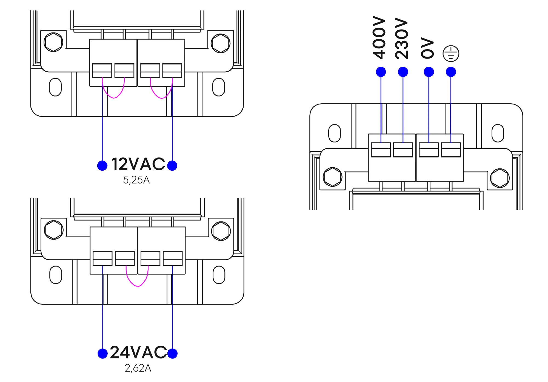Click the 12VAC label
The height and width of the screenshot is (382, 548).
[x=138, y=164]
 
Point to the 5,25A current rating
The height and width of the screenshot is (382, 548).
[x=137, y=180]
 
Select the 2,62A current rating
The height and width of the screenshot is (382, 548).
[x=138, y=368]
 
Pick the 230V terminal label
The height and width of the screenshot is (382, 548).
[x=402, y=38]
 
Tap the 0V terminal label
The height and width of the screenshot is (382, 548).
[x=428, y=49]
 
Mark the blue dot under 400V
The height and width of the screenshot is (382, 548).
[x=381, y=72]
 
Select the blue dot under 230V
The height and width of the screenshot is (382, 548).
[x=403, y=72]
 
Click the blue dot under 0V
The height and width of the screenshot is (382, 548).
[x=429, y=72]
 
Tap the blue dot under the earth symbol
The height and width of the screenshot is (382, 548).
[x=451, y=72]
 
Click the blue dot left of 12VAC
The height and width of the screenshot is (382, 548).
[x=102, y=165]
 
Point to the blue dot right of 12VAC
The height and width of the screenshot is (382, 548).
[x=172, y=165]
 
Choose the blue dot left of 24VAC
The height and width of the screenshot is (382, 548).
[x=102, y=353]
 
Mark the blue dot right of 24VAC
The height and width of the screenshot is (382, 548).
[x=172, y=353]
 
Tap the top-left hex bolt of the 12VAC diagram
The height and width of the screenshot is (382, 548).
[x=53, y=42]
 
